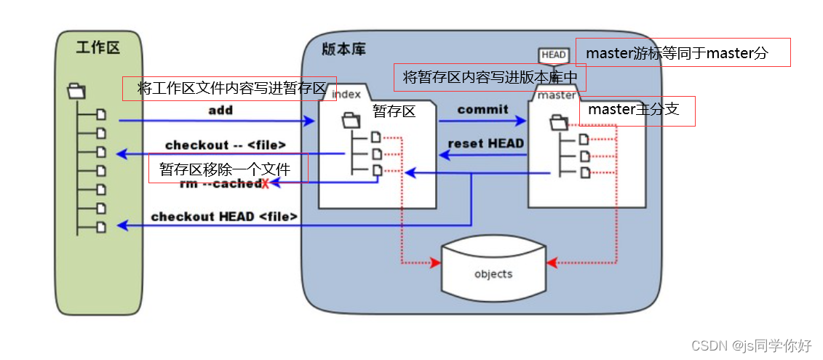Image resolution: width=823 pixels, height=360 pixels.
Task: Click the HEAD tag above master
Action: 554,55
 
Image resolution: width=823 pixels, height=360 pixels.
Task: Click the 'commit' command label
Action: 482,109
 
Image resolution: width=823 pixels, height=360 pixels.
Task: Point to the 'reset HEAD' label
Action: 485,143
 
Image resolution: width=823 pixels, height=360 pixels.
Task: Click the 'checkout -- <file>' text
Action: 225,145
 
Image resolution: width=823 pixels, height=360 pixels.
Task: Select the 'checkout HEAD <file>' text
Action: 224,216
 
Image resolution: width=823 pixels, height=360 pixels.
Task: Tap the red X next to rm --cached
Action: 265,185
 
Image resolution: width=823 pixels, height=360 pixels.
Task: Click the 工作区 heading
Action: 98,48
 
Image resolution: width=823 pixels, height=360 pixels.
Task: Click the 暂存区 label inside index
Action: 394,111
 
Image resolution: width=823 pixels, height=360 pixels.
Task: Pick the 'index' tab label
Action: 346,93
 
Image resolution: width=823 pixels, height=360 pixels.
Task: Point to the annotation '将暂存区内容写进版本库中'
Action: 489,76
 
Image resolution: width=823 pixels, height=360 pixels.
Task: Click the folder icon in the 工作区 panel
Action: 76,91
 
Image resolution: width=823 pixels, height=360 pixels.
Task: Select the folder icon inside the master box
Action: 559,121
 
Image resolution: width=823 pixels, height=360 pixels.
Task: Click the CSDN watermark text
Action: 750,345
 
